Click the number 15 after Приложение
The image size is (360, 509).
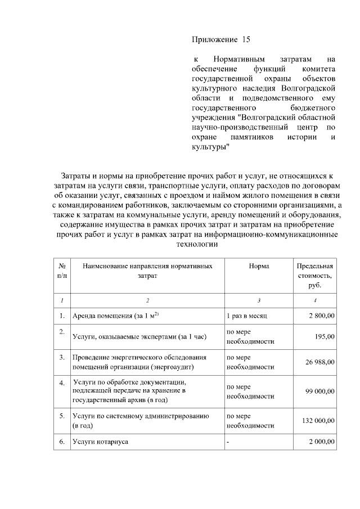coord(245,40)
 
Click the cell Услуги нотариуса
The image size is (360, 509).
coord(100,442)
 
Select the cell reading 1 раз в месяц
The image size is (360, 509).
coord(249,316)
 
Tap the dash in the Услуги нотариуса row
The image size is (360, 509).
coord(228,442)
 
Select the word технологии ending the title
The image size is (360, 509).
coord(196,245)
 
